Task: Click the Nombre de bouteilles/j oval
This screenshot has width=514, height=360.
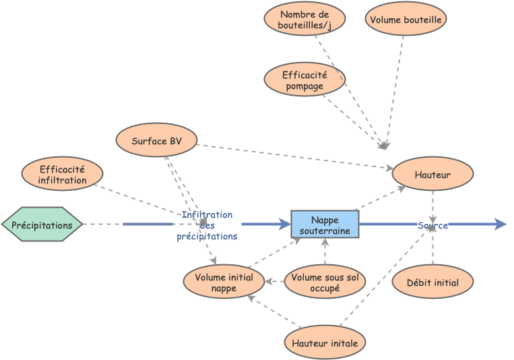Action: [x=304, y=19]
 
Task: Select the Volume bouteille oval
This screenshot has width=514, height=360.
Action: [x=406, y=20]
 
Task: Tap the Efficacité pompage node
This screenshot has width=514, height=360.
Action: [x=304, y=80]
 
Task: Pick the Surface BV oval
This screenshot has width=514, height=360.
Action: [x=156, y=140]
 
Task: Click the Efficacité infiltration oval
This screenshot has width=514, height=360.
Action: [x=62, y=174]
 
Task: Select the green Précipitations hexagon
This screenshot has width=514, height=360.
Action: [x=42, y=224]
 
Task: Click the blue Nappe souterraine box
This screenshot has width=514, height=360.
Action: [x=325, y=224]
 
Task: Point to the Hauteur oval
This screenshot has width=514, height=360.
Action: [x=432, y=174]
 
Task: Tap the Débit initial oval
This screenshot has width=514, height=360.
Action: [x=432, y=282]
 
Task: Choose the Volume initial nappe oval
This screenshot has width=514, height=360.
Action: [x=224, y=282]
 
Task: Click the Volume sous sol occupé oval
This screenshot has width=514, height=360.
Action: [x=325, y=282]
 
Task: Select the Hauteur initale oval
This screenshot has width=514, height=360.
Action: [x=325, y=342]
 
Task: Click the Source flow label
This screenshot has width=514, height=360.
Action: [x=432, y=225]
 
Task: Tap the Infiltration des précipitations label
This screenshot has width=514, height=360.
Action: [x=207, y=225]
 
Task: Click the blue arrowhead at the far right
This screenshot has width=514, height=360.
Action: [x=500, y=224]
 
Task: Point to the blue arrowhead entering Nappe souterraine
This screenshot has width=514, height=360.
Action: [x=285, y=224]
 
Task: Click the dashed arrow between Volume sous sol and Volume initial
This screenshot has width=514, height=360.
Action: [x=274, y=282]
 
